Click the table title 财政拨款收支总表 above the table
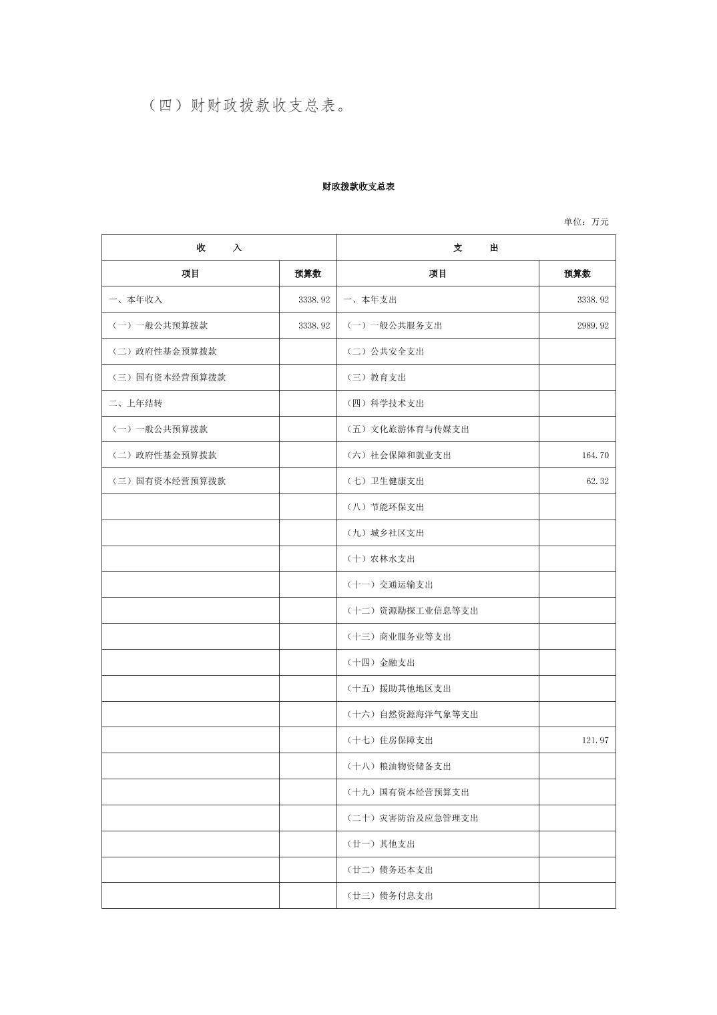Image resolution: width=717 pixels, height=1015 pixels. click(x=358, y=187)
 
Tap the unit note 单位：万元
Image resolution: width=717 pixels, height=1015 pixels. click(x=585, y=222)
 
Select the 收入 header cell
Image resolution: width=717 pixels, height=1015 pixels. click(x=219, y=248)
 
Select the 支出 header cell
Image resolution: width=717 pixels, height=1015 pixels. click(x=475, y=248)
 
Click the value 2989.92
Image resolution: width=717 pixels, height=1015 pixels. click(x=592, y=326)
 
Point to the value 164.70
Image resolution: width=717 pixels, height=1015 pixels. click(x=595, y=455)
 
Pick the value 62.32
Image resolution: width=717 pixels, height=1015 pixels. click(x=597, y=481)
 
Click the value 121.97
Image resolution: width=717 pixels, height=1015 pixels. click(x=595, y=741)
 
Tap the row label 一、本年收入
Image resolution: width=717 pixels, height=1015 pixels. click(x=136, y=300)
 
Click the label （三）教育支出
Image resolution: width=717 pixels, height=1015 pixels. click(x=376, y=378)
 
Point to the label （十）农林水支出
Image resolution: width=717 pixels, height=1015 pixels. click(x=381, y=559)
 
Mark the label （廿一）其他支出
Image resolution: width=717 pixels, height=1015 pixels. click(x=381, y=844)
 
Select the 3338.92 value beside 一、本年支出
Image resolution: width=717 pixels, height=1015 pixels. click(x=592, y=300)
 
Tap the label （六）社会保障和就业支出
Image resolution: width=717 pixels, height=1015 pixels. click(x=399, y=455)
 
